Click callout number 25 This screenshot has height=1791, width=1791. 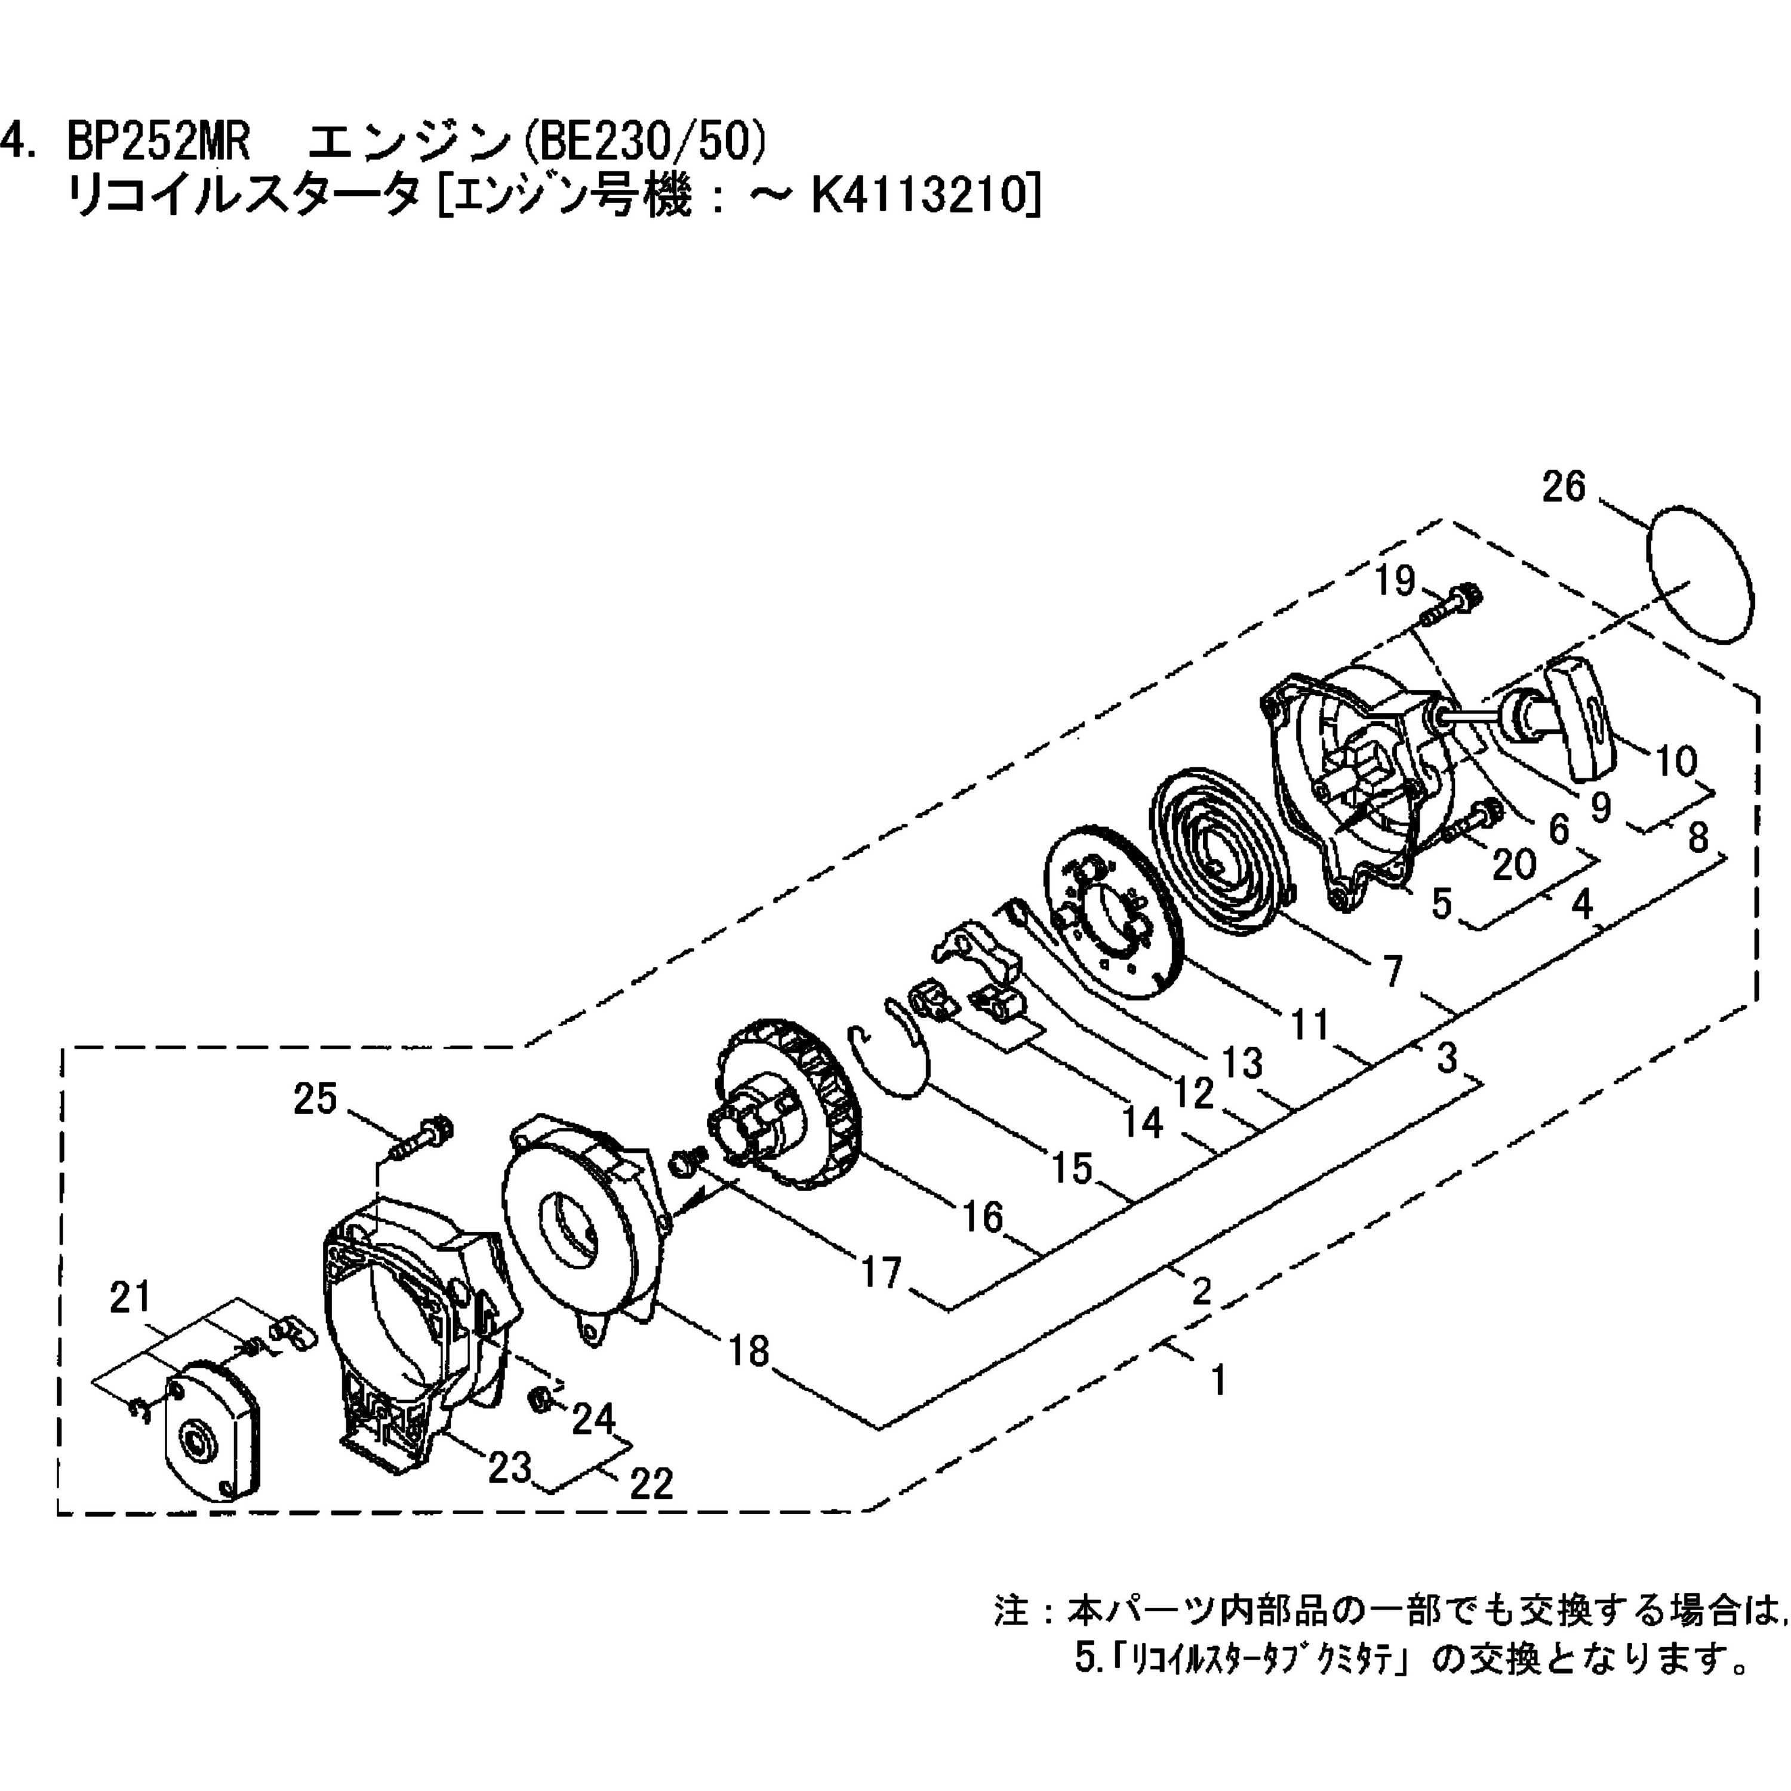coord(315,1100)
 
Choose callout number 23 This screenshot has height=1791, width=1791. coord(509,1467)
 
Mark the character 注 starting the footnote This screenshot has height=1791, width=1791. coord(1011,1611)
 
